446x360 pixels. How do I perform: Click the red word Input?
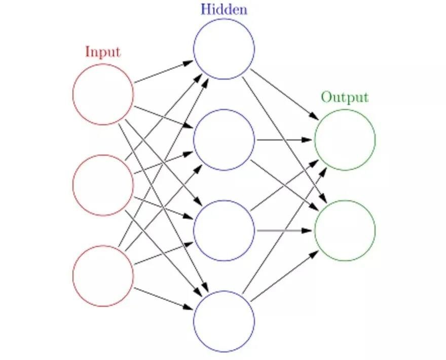(x=103, y=52)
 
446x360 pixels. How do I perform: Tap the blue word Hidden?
(x=224, y=9)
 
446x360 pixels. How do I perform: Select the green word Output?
(x=344, y=97)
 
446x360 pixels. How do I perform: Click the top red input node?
(x=103, y=94)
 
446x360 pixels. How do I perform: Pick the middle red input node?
(x=103, y=185)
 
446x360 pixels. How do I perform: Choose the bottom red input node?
(x=103, y=276)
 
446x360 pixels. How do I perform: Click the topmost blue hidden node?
(x=224, y=49)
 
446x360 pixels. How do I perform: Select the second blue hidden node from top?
(x=224, y=139)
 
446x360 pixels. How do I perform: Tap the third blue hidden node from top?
(x=224, y=231)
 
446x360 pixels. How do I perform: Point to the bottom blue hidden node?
(x=224, y=321)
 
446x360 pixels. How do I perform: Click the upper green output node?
(x=345, y=139)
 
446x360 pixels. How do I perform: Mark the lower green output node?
(x=345, y=231)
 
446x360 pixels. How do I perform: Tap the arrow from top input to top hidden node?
(x=163, y=72)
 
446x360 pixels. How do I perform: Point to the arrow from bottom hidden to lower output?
(x=284, y=276)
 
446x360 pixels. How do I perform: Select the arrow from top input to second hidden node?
(x=163, y=117)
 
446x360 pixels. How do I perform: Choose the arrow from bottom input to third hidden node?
(x=163, y=254)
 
